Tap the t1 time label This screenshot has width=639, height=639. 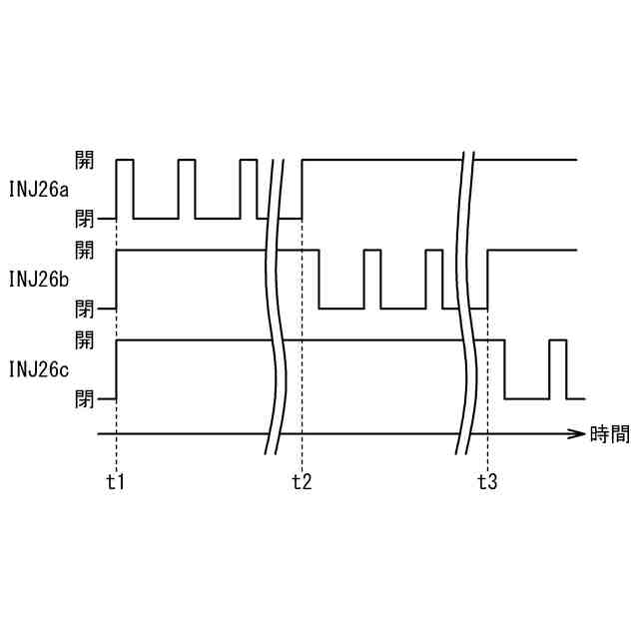pyautogui.click(x=116, y=482)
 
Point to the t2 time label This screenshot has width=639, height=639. pyautogui.click(x=302, y=482)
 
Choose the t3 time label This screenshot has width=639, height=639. pyautogui.click(x=487, y=482)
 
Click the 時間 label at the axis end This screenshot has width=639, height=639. pyautogui.click(x=609, y=434)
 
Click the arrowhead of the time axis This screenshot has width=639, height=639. pyautogui.click(x=576, y=434)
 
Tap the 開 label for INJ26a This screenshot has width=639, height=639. pyautogui.click(x=85, y=159)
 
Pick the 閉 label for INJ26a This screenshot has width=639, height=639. pyautogui.click(x=85, y=217)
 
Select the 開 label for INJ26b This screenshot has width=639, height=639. pyautogui.click(x=85, y=249)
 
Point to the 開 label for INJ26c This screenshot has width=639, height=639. pyautogui.click(x=85, y=340)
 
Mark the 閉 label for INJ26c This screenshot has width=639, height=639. pyautogui.click(x=85, y=398)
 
